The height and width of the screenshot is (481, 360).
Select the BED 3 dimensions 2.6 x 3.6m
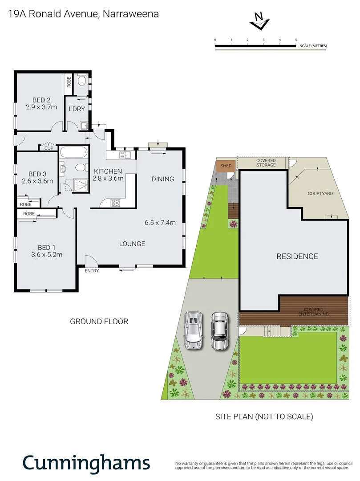pos(37,181)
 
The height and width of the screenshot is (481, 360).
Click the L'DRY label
pos(77,109)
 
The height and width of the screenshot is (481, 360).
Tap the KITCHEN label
pos(107,171)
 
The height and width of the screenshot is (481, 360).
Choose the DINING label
pos(162,179)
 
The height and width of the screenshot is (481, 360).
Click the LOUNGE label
pos(132,244)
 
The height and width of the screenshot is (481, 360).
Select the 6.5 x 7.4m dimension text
pos(161,223)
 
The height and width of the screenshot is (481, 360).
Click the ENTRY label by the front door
pos(91,271)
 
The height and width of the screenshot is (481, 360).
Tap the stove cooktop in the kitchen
pos(115,203)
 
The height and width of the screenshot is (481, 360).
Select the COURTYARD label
pos(320,194)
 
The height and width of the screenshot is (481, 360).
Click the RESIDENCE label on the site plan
pos(297,257)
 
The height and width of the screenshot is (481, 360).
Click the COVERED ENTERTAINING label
pos(316,311)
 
